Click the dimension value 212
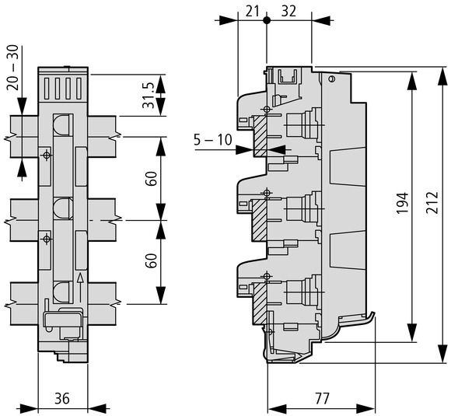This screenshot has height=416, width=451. [x=432, y=202]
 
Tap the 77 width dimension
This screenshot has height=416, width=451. [x=322, y=399]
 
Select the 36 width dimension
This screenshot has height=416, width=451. [x=62, y=399]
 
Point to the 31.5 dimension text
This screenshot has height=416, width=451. [x=149, y=95]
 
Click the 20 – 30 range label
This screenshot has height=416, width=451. [x=13, y=68]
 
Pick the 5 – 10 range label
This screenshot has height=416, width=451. [x=212, y=140]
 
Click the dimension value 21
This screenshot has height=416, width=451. [x=252, y=12]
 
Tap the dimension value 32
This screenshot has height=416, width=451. [x=288, y=12]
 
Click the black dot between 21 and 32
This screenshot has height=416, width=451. [x=267, y=20]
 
